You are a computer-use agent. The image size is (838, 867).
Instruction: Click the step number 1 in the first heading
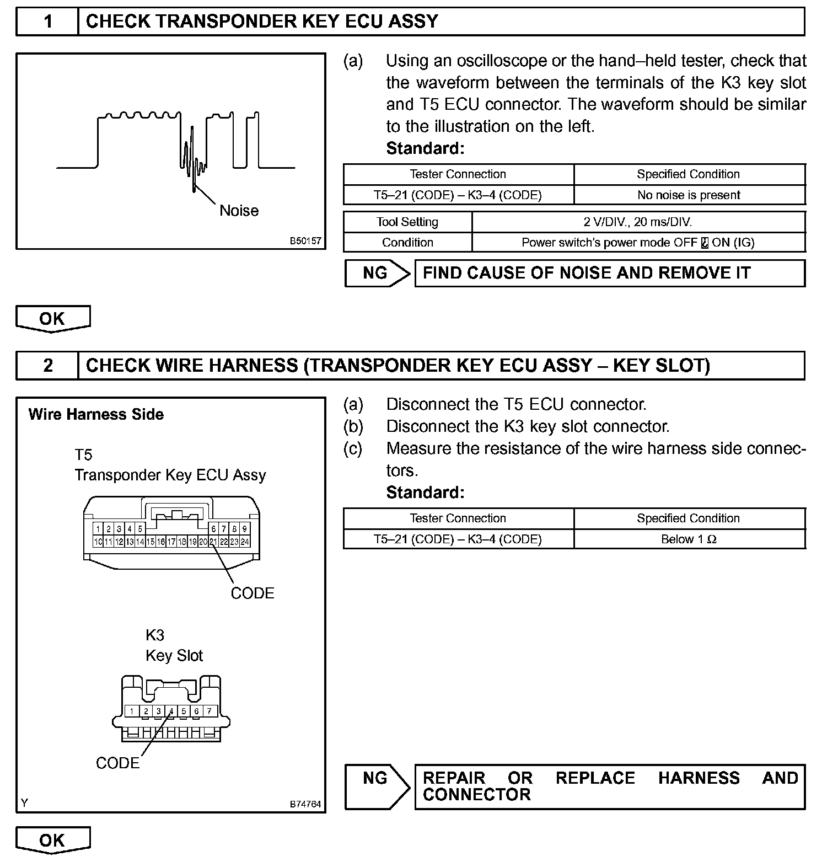pyautogui.click(x=48, y=22)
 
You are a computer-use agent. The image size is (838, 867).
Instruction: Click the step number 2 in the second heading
pyautogui.click(x=48, y=366)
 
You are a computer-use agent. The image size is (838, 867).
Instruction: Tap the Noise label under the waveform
pyautogui.click(x=239, y=211)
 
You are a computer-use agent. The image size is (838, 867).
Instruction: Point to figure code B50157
pyautogui.click(x=305, y=242)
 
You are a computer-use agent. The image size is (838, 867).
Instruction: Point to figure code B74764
pyautogui.click(x=305, y=804)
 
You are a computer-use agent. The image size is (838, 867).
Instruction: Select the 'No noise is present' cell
pyautogui.click(x=689, y=195)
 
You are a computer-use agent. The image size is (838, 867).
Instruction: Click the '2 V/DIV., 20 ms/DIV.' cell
pyautogui.click(x=638, y=222)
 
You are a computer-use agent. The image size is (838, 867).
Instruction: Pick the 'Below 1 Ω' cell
pyautogui.click(x=689, y=539)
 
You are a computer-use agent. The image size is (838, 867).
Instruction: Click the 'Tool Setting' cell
pyautogui.click(x=407, y=222)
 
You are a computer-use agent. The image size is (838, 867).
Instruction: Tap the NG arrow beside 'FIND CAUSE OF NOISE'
pyautogui.click(x=377, y=273)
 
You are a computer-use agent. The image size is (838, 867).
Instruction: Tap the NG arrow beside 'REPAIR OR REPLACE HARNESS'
pyautogui.click(x=377, y=786)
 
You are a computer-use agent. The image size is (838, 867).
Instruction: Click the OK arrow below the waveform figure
pyautogui.click(x=52, y=319)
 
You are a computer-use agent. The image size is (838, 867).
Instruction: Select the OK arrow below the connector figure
pyautogui.click(x=52, y=840)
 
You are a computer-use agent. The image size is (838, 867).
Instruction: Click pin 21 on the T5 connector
pyautogui.click(x=213, y=542)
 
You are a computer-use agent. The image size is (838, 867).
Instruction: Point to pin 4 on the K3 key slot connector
pyautogui.click(x=171, y=711)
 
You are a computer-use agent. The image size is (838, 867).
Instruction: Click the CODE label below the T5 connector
pyautogui.click(x=253, y=593)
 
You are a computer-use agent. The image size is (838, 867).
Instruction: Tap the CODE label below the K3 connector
pyautogui.click(x=117, y=763)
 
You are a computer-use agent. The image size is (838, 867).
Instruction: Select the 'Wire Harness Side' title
pyautogui.click(x=96, y=415)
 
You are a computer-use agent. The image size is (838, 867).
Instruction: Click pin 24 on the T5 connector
pyautogui.click(x=245, y=542)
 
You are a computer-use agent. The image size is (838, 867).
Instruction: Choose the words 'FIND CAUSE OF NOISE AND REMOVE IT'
pyautogui.click(x=587, y=273)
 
